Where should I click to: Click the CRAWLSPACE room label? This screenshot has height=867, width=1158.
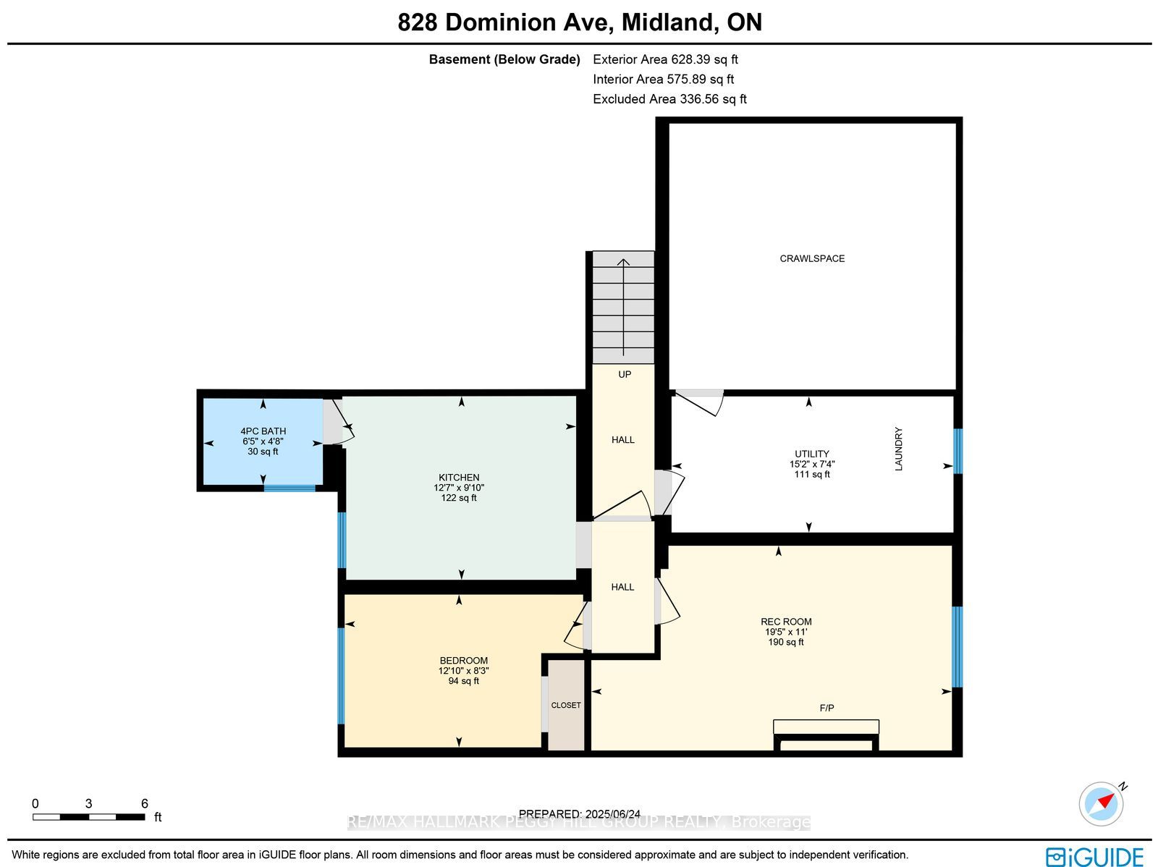(x=812, y=258)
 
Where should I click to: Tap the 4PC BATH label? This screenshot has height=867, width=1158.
(x=263, y=431)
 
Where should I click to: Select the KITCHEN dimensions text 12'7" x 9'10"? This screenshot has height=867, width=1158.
(x=458, y=488)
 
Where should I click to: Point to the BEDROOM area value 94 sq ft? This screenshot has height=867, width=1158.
(x=463, y=681)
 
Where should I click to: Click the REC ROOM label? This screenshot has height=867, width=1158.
(x=786, y=622)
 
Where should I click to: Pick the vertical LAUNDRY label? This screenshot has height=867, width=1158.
(x=899, y=449)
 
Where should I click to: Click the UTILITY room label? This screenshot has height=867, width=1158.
(x=812, y=454)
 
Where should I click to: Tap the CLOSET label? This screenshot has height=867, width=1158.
(x=565, y=705)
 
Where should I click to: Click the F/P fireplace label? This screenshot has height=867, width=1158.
(x=827, y=709)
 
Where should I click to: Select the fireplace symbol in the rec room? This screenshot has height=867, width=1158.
(x=826, y=735)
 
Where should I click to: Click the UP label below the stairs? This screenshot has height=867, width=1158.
(x=625, y=374)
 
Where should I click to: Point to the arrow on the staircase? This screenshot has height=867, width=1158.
(x=624, y=308)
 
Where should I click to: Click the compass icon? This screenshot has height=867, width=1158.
(x=1102, y=804)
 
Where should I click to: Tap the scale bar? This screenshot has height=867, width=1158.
(x=88, y=817)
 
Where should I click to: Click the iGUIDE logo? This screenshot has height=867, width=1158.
(x=1094, y=855)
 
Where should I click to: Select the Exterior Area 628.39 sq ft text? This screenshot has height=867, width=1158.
(x=665, y=59)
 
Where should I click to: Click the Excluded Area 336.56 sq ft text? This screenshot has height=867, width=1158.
(x=669, y=98)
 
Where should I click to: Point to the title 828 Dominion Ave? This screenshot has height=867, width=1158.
(x=506, y=22)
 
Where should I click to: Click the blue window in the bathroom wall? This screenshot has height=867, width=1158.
(x=289, y=488)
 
